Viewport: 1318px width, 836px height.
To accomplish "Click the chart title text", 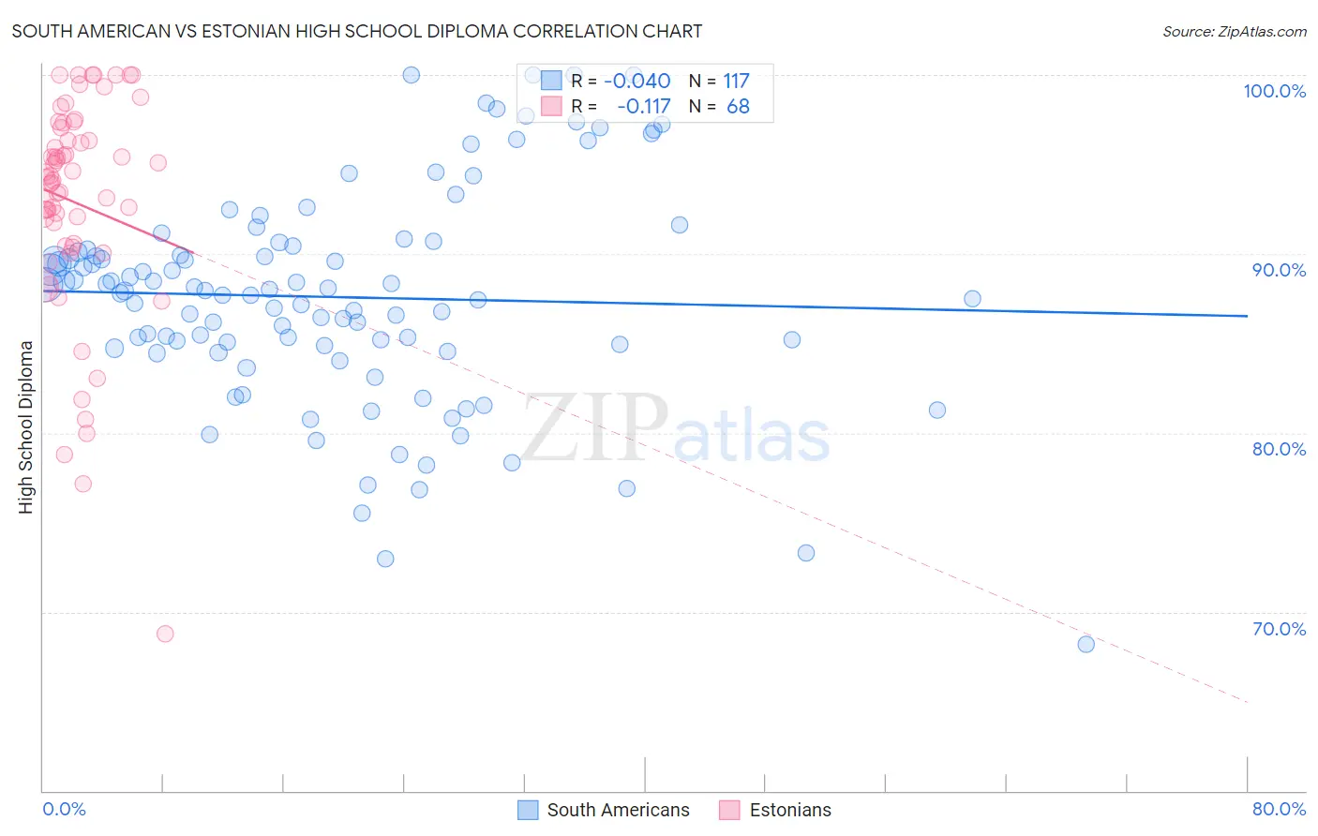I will coord(357,31).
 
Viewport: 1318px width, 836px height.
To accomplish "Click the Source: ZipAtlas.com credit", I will coord(1234,31).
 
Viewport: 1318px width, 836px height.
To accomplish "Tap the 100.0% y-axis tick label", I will coord(1274,91).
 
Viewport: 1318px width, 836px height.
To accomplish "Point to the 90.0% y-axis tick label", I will coord(1279,270).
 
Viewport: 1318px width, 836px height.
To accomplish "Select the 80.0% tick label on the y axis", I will coord(1279,449).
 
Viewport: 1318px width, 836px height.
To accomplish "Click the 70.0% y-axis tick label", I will coord(1279,629).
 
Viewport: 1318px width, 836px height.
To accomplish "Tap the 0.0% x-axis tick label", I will coord(64,809).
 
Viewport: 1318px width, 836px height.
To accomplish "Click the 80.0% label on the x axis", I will coord(1279,809).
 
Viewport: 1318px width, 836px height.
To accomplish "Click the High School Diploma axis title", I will coord(26,426).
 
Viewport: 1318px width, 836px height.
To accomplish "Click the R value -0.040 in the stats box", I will coord(637,81).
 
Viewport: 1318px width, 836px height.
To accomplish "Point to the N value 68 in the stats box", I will coord(738,107).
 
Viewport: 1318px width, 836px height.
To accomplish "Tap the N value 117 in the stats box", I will coord(736,81).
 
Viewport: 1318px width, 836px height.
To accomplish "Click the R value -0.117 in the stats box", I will coord(643,107).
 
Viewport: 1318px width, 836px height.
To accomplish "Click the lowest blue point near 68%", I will coord(1086,644).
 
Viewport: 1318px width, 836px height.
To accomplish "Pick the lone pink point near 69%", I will coord(165,634).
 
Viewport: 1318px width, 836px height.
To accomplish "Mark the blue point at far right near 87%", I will coord(972,299).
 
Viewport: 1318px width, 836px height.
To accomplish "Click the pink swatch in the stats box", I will coord(551,106).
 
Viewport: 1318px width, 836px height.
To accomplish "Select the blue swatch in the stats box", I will coord(551,81).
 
